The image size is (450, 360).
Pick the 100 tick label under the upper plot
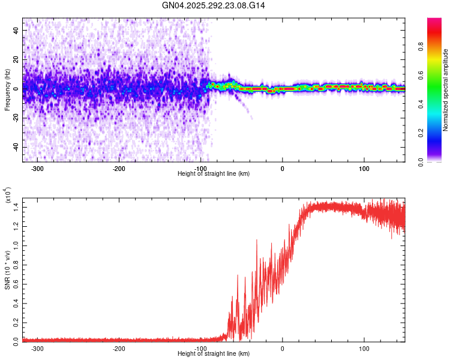point(364,169)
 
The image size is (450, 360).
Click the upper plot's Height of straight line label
point(214,173)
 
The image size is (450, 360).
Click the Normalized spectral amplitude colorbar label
point(446,90)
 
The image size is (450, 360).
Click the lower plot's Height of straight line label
point(214,354)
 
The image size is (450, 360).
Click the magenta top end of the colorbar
point(434,21)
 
